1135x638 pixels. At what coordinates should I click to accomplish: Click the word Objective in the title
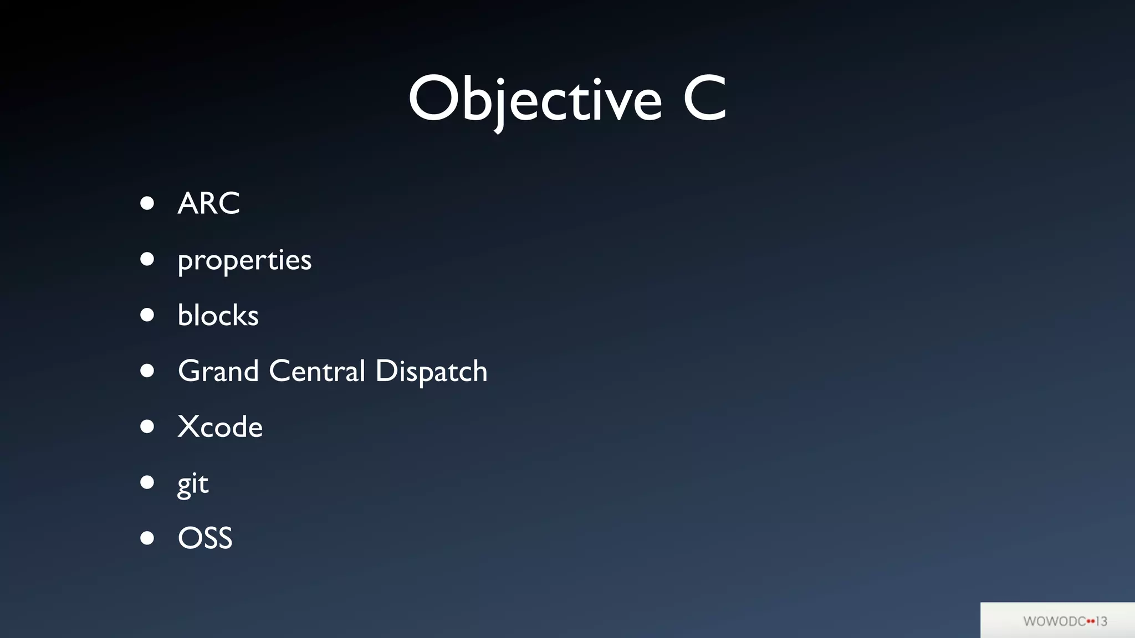535,100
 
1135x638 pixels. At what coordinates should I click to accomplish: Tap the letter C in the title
704,99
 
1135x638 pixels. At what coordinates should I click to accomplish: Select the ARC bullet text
208,203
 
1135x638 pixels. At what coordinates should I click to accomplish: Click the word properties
244,260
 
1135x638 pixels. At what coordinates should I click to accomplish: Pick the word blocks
218,316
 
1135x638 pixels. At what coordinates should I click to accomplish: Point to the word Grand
218,371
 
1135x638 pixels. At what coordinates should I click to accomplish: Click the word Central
317,371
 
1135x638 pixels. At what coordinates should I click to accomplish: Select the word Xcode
220,427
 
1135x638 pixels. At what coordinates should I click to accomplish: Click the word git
193,484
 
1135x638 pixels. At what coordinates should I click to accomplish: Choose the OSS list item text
205,538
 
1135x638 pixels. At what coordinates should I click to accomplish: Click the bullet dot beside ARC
147,203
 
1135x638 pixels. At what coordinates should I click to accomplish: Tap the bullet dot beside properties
147,259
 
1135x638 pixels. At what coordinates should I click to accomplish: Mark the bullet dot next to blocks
147,315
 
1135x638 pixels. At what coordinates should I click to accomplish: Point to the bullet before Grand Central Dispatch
147,371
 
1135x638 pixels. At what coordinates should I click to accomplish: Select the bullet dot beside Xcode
147,426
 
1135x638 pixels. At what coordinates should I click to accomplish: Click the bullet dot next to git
147,482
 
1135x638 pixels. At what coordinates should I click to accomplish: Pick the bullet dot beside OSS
147,538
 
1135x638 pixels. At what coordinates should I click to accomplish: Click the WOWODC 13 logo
1065,621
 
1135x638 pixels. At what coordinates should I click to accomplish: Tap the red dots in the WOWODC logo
1091,621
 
